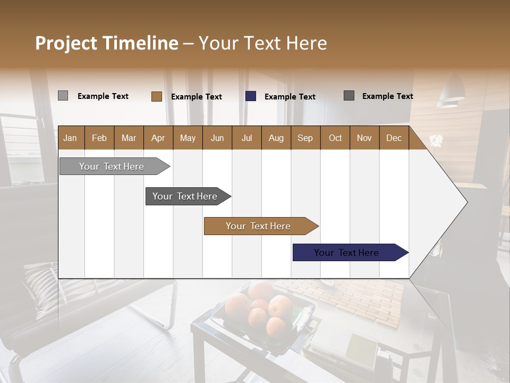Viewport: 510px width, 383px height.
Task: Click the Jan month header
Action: pos(70,138)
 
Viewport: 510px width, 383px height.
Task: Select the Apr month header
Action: pos(158,138)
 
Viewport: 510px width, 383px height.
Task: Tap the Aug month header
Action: pos(276,138)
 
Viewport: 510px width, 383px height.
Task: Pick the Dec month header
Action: pos(394,138)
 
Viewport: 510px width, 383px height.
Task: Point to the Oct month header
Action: pos(335,138)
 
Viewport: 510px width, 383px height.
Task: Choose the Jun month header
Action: pos(217,138)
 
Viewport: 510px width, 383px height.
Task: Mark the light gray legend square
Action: pos(63,96)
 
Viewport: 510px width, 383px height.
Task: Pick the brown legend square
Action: pos(156,96)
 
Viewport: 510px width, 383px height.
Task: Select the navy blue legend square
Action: pos(251,96)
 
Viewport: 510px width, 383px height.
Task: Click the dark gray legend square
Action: pos(349,96)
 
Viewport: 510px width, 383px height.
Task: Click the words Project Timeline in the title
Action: pos(106,43)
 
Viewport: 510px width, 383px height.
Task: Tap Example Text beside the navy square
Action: pos(290,97)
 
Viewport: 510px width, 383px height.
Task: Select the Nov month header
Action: pos(364,138)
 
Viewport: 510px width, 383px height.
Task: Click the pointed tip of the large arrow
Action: pos(466,202)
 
